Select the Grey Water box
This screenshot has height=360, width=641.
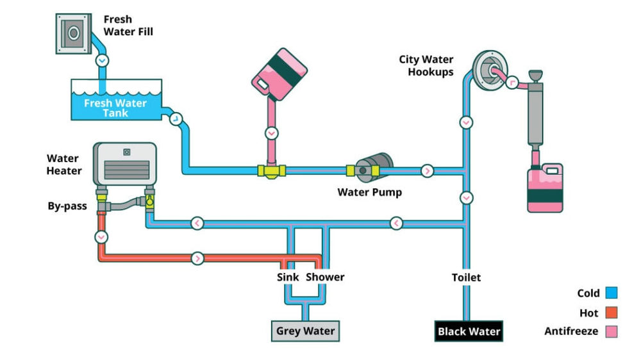(x=305, y=331)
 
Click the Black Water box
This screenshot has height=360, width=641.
(x=469, y=331)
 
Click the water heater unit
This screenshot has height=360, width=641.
(x=125, y=165)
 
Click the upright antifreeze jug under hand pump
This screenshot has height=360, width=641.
(x=545, y=188)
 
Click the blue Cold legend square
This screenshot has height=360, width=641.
(x=611, y=293)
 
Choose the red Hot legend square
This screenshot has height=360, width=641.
(x=611, y=313)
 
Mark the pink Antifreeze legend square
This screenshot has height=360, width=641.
(x=611, y=332)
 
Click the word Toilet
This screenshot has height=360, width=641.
(x=466, y=277)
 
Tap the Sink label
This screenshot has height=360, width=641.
(x=288, y=277)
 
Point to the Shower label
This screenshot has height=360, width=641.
(x=325, y=277)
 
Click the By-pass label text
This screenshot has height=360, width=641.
(x=67, y=206)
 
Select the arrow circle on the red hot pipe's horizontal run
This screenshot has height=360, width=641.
(x=197, y=258)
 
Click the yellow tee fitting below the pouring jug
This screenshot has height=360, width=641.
(x=272, y=170)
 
